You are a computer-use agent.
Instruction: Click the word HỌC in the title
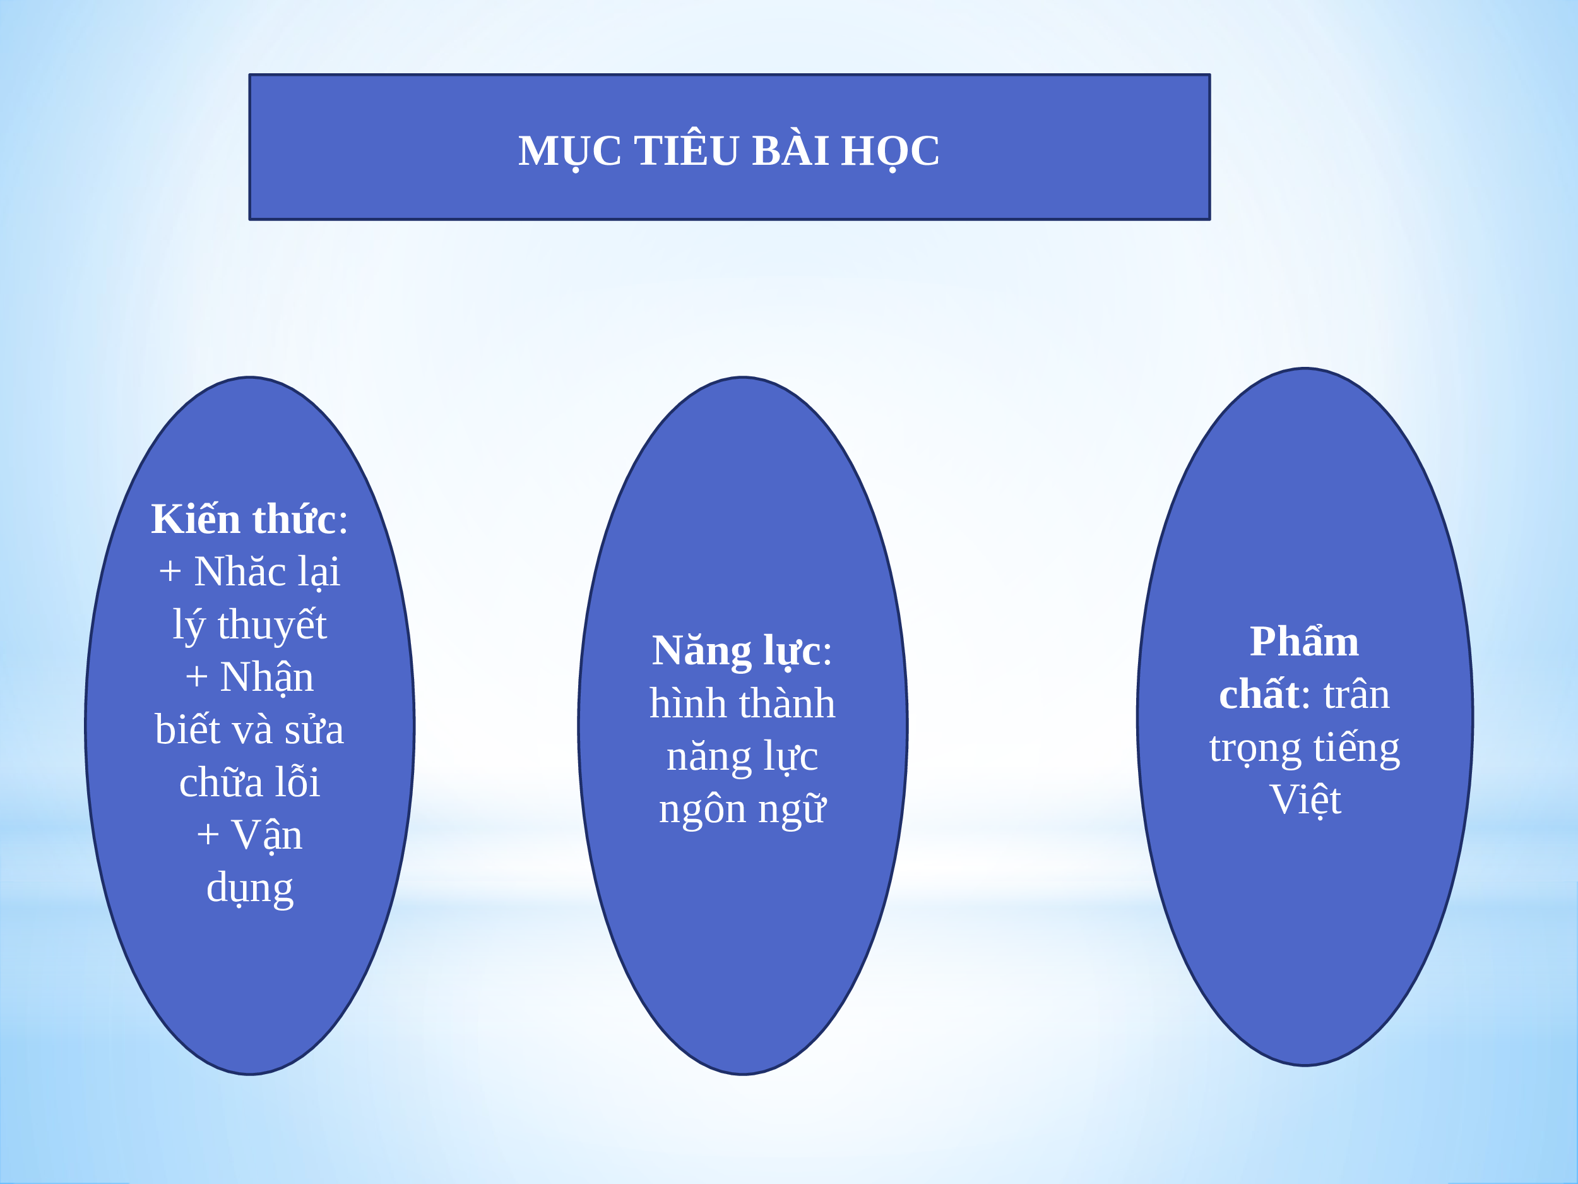889,152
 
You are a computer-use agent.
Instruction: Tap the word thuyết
272,625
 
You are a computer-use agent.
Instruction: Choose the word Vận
267,835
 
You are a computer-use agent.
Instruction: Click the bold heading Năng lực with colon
742,651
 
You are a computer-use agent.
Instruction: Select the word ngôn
702,810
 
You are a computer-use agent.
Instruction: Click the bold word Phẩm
1304,640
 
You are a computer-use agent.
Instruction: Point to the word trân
1356,694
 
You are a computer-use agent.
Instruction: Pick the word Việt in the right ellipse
1305,799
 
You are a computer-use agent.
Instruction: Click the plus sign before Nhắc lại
170,571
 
